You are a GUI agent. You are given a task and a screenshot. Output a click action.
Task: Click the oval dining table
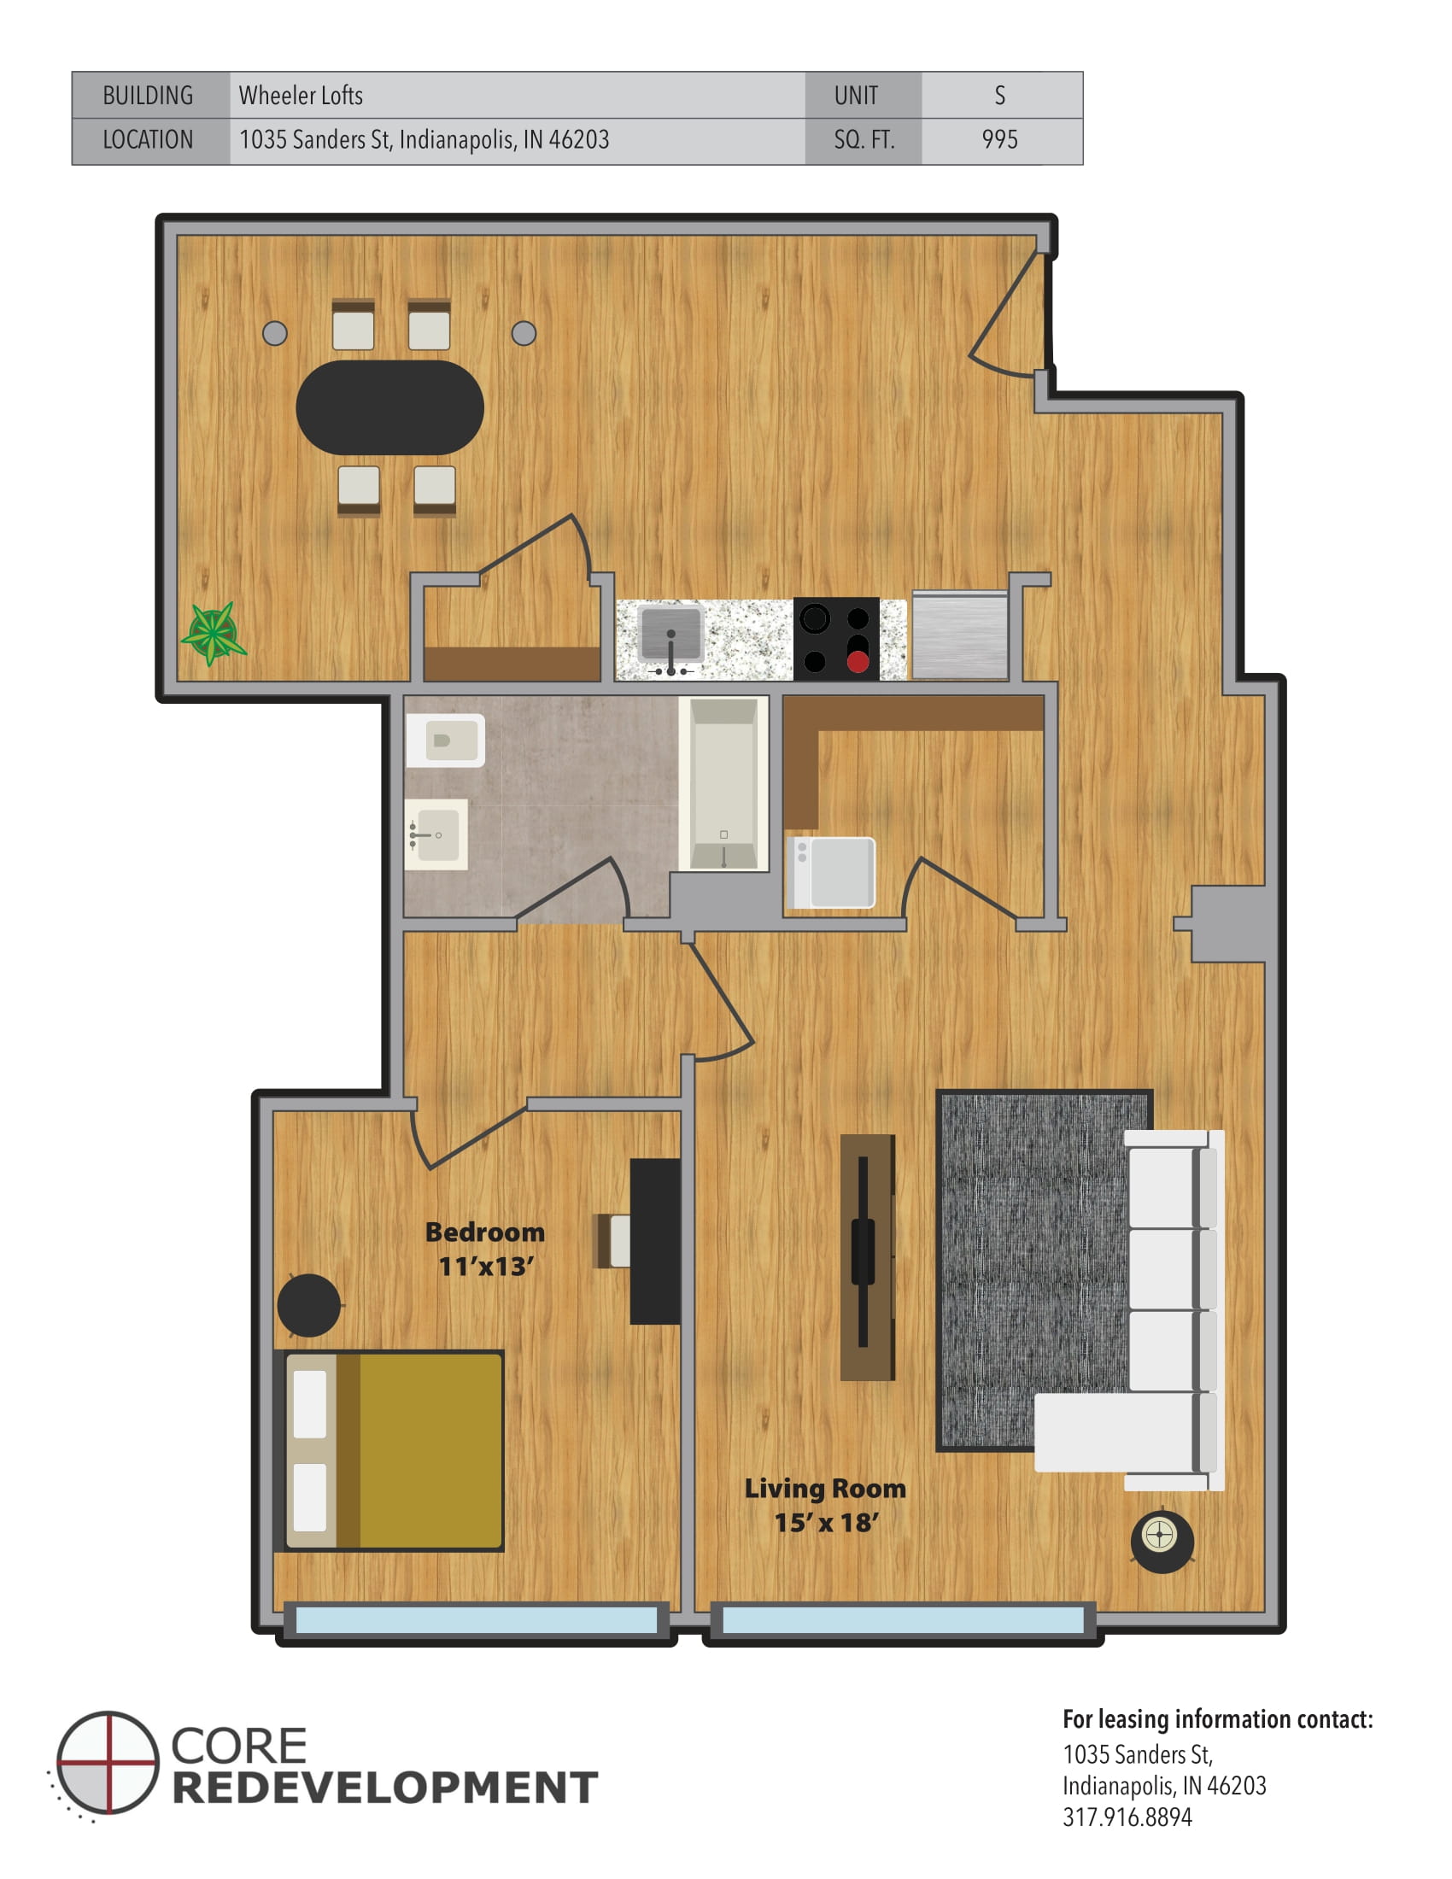(x=389, y=407)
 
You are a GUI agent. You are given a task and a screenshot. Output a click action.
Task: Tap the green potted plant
(x=213, y=633)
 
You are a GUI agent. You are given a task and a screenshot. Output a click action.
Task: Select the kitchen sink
(x=671, y=635)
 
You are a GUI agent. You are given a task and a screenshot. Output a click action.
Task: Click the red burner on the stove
(x=857, y=662)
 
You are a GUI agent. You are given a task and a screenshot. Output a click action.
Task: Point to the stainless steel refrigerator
(x=959, y=635)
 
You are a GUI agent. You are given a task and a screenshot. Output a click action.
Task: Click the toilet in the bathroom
(x=446, y=740)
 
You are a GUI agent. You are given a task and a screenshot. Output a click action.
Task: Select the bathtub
(x=723, y=782)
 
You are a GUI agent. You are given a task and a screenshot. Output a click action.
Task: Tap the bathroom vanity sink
(x=436, y=834)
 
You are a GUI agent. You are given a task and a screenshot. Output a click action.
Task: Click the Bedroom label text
(x=485, y=1232)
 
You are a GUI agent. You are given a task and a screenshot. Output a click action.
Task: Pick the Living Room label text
(x=824, y=1488)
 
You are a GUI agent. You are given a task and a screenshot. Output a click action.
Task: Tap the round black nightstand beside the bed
(x=309, y=1304)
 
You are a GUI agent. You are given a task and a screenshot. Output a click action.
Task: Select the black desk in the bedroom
(x=654, y=1241)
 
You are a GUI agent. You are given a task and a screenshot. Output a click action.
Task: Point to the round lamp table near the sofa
(x=1162, y=1539)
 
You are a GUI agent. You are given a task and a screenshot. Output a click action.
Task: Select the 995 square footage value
(x=999, y=139)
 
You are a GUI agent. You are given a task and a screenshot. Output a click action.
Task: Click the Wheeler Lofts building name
(x=301, y=96)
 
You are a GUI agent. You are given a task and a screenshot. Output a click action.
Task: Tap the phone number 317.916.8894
(x=1127, y=1818)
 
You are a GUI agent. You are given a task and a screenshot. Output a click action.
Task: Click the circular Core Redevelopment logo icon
(x=108, y=1763)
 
